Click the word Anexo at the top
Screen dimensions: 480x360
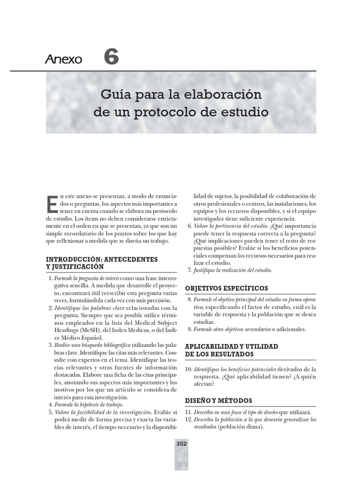coord(64,60)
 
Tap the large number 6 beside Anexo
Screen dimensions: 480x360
coord(111,57)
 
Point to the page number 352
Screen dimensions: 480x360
coord(181,443)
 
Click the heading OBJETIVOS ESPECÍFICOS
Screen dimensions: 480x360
coord(226,287)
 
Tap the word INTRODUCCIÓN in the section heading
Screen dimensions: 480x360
coord(73,259)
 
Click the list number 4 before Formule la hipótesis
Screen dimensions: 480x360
coord(51,404)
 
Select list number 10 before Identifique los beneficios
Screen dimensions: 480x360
coord(188,369)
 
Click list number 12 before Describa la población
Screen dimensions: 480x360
coord(188,420)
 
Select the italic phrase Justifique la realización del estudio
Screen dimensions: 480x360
coord(232,270)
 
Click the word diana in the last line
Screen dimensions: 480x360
coord(254,427)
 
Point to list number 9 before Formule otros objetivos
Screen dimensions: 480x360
coord(189,329)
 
